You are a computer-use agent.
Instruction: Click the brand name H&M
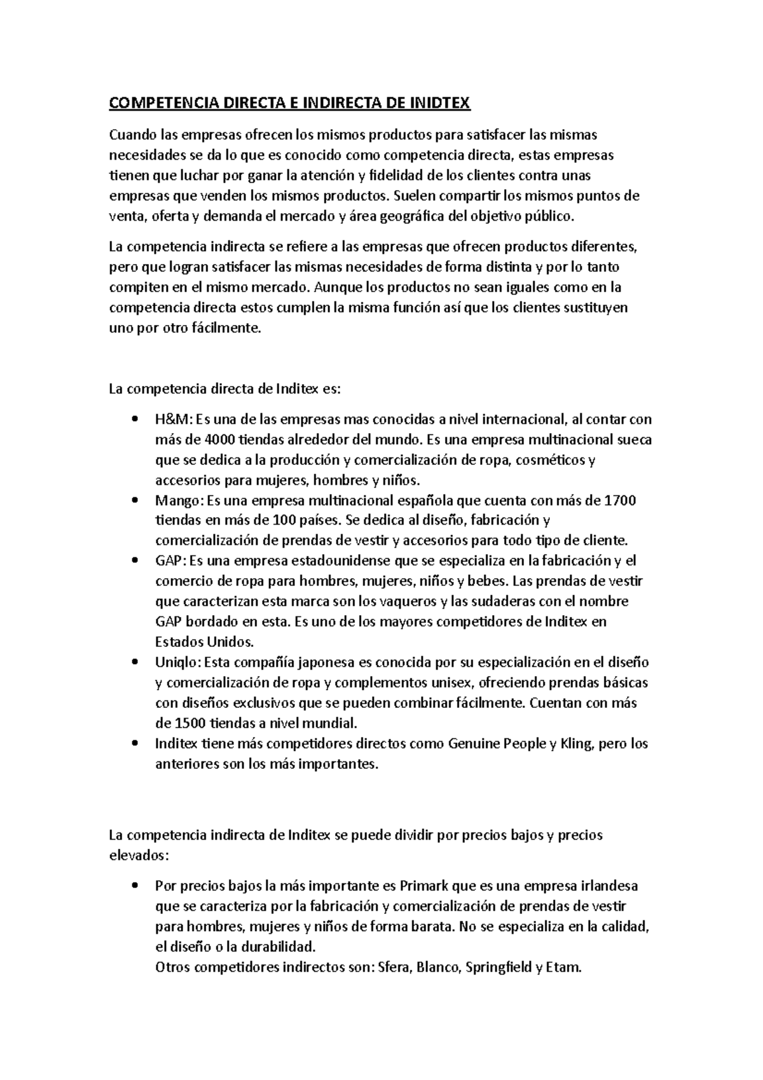[173, 420]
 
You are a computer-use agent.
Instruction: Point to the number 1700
[619, 501]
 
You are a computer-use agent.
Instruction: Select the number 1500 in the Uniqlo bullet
[190, 724]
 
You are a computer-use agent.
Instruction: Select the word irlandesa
[610, 887]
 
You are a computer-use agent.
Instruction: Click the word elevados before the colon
[137, 856]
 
